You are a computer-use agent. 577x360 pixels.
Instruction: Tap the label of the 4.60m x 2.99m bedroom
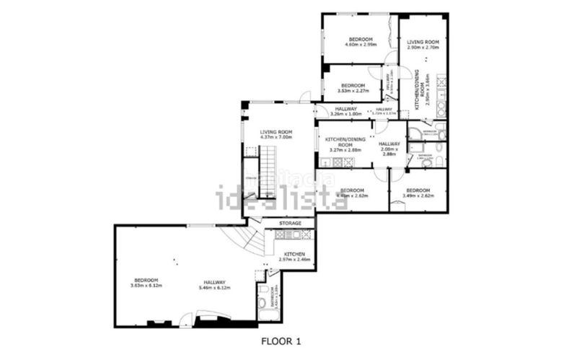point(360,42)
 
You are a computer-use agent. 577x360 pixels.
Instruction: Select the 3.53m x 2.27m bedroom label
point(353,88)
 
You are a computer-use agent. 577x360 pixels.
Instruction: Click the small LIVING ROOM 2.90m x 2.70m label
point(423,45)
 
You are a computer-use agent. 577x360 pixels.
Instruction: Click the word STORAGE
point(290,224)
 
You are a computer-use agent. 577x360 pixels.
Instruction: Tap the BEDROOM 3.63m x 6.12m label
point(145,283)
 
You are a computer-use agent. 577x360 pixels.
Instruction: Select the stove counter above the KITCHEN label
point(292,235)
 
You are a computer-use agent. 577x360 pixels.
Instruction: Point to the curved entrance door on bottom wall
point(209,315)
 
